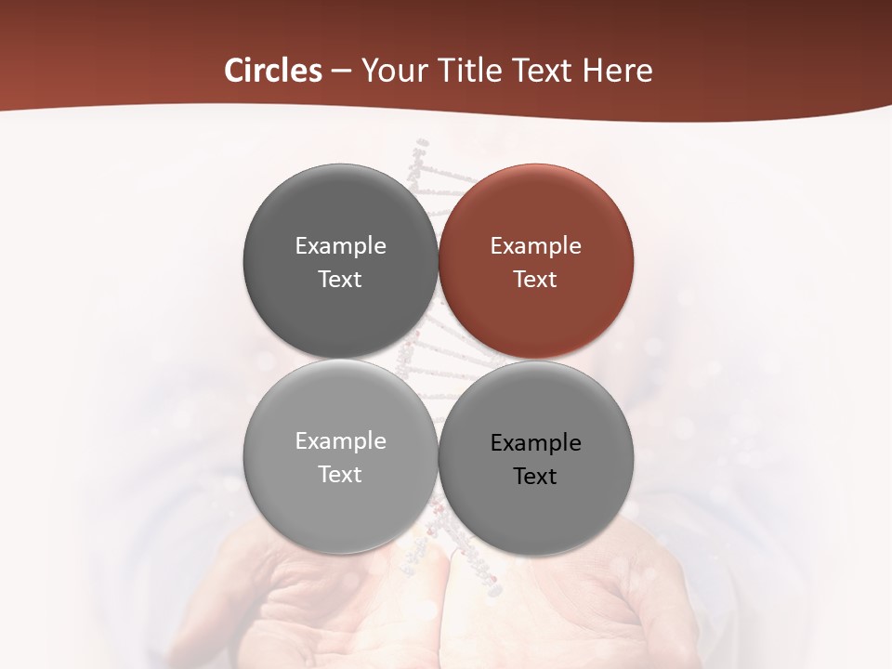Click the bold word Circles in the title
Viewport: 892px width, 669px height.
click(x=273, y=71)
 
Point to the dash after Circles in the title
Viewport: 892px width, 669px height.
click(x=341, y=72)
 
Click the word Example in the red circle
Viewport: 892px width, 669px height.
click(x=535, y=246)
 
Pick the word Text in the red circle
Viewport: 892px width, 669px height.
click(x=535, y=280)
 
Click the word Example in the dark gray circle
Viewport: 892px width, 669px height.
click(x=340, y=246)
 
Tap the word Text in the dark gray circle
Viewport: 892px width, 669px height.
click(x=340, y=280)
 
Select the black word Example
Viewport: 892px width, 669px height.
click(x=535, y=443)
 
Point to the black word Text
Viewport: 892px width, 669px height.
click(x=535, y=477)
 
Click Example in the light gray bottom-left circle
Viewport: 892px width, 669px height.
click(x=340, y=441)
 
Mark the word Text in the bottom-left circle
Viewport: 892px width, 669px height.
click(x=340, y=475)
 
